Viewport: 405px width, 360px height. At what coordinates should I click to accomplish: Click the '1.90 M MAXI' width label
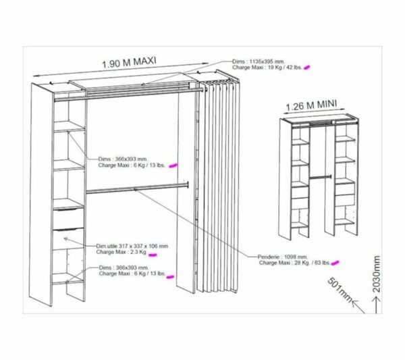point(129,63)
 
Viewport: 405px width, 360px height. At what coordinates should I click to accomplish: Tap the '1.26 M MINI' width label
point(310,106)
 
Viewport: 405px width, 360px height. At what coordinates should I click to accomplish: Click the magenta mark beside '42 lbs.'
point(307,68)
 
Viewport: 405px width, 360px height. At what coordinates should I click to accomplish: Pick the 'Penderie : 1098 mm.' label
point(283,257)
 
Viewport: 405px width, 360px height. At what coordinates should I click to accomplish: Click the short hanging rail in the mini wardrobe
point(319,177)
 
